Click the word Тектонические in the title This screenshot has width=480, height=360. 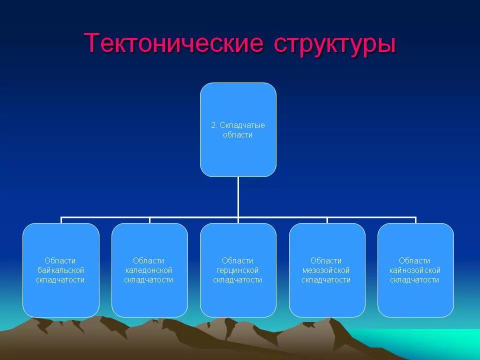pos(174,43)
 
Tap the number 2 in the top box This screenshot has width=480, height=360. pos(213,125)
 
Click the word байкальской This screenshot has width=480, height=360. pos(60,270)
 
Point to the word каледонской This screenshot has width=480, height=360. pos(149,270)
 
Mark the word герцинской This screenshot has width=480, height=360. pos(238,270)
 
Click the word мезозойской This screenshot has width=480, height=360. pos(326,270)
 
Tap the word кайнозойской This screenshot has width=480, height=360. pos(415,270)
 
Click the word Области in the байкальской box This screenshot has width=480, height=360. pos(60,260)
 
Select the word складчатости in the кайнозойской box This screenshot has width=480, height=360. pos(415,280)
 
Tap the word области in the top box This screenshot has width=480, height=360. pos(238,135)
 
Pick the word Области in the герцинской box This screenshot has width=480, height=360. pos(238,260)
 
